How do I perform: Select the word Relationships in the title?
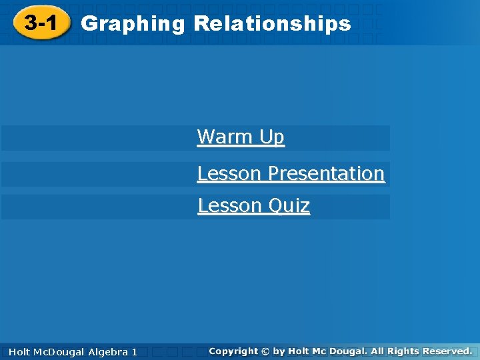coord(272,24)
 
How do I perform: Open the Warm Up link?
coord(241,137)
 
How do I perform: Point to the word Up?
coord(272,137)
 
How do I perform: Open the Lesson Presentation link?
coord(291,173)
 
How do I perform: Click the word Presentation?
coord(325,173)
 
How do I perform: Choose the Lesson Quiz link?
coord(253,206)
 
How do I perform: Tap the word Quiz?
coord(290,206)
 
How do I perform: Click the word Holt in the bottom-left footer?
coord(20,351)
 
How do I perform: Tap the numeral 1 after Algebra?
coord(134,351)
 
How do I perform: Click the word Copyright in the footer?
coord(233,351)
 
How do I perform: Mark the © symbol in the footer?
coord(265,351)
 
